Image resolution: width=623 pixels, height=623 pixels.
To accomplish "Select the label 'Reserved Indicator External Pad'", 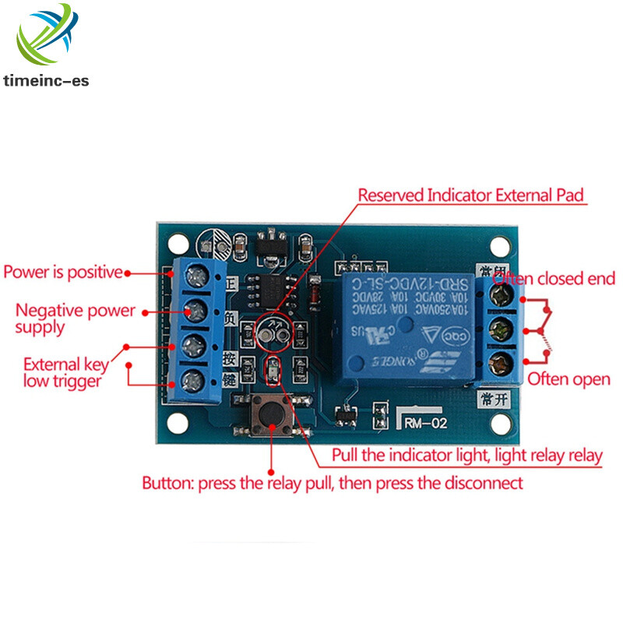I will point(471,195).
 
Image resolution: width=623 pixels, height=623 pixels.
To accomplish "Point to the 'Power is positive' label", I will point(63,273).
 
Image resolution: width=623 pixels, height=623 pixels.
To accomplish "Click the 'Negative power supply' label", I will point(75,319).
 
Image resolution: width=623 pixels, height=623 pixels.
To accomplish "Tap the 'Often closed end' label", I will point(554,279).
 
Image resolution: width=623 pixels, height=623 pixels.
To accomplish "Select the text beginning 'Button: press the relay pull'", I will point(332,483).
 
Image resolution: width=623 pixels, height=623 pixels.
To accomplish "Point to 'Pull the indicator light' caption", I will point(467,456).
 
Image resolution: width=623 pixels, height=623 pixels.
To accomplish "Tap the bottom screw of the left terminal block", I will point(195,381).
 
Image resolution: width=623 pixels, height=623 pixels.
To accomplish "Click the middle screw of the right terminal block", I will point(502,328).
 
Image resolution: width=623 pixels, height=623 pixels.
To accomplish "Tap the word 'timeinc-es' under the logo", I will point(46,80).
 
